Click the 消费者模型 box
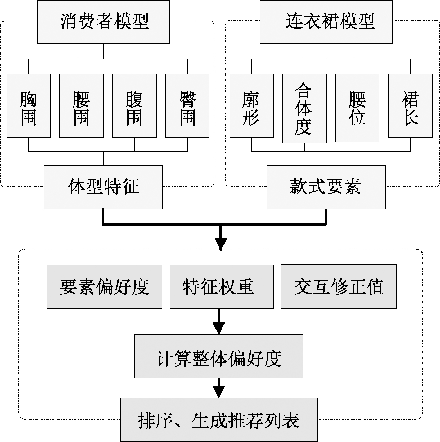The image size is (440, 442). coord(103,22)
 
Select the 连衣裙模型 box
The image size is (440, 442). coord(326,22)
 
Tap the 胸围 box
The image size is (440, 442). coord(29,106)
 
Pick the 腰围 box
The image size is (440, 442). coord(81,106)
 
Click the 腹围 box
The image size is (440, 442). coord(134,106)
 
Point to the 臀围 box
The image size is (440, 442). coord(187,106)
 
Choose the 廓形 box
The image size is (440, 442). coord(252,106)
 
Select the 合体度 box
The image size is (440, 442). coord(304,108)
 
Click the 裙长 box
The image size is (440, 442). coord(410,106)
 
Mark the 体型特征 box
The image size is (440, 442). coord(103,187)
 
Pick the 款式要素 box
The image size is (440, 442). coord(326,187)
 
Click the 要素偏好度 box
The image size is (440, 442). coord(104,286)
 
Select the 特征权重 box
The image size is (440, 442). coord(222,286)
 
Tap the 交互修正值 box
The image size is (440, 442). coord(339,286)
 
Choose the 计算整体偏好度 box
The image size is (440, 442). coord(219,356)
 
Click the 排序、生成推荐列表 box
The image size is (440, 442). coord(219,420)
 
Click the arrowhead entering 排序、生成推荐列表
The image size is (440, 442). coord(219,392)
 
